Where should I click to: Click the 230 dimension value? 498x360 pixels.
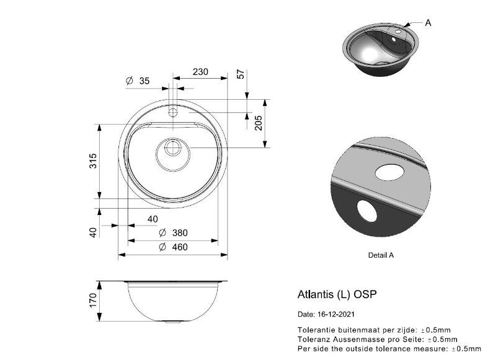click(200, 72)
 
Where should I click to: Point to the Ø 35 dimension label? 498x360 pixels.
click(138, 81)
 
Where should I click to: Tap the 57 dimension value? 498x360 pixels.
click(241, 74)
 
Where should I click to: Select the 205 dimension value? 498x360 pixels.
click(259, 123)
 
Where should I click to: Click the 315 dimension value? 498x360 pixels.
click(92, 161)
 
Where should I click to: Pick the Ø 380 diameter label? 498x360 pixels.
click(173, 233)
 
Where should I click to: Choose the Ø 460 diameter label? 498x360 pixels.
click(173, 247)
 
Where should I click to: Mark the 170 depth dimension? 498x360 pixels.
click(93, 300)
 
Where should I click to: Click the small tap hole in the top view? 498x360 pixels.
click(173, 112)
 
